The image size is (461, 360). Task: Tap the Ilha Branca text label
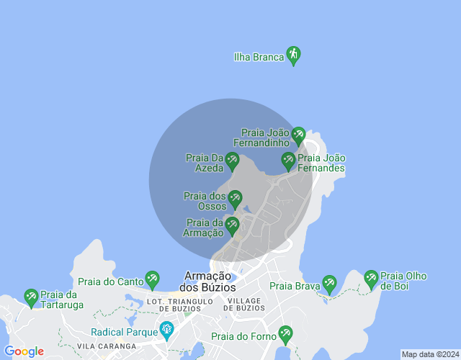click(259, 57)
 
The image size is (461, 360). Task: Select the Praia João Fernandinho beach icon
click(298, 135)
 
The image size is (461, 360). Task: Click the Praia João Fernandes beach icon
click(289, 161)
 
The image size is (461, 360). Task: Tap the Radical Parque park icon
click(167, 330)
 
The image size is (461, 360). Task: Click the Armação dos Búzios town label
click(208, 282)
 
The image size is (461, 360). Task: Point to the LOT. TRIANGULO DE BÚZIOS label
click(180, 304)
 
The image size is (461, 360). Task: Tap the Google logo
click(24, 351)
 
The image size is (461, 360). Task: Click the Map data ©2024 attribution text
click(429, 354)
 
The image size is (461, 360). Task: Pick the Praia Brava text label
click(295, 286)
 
